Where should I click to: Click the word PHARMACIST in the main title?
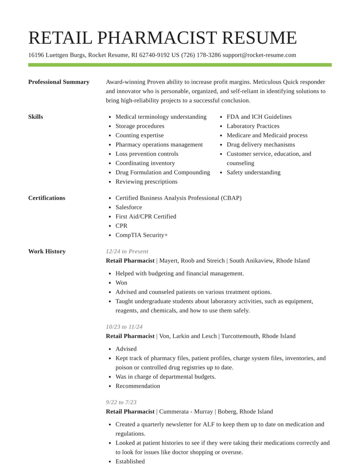point(157,38)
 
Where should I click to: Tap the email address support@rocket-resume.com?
point(259,55)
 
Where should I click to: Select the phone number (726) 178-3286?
point(201,55)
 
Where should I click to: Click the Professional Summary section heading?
point(58,82)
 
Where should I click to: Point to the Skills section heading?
point(36,117)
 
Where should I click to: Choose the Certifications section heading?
point(46,198)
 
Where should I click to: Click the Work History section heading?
point(47,251)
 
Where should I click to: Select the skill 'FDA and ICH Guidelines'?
point(259,117)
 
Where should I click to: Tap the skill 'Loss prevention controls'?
point(147,154)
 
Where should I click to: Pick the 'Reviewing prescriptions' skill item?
point(146,181)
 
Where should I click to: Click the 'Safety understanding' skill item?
point(253,172)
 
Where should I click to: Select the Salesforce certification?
point(129,207)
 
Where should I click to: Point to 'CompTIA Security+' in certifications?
point(141,235)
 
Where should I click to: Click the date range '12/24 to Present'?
point(127,251)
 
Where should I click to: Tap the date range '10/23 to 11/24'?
point(124,327)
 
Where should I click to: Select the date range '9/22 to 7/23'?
point(121,402)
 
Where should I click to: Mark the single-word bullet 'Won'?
point(121,283)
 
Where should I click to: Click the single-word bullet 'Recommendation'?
point(138,386)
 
